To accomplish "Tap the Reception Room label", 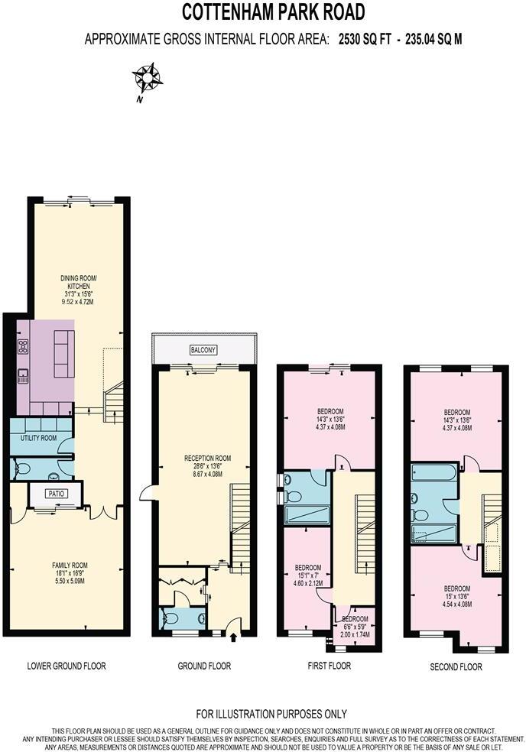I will [206, 459].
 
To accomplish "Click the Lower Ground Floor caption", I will [67, 666].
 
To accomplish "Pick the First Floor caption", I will [329, 666].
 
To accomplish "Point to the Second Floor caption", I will [456, 666].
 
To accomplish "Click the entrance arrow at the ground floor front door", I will [232, 634].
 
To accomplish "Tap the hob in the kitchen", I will [24, 346].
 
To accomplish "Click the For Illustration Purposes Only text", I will [271, 714].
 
